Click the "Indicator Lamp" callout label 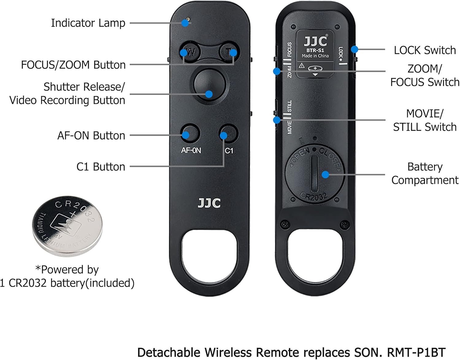88,23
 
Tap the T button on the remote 229,52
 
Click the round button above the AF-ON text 190,134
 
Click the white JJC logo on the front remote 209,203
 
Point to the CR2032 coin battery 67,226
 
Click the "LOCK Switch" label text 425,50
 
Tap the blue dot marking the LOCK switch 355,49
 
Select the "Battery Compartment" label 425,173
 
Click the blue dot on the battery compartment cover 325,175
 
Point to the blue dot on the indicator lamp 185,23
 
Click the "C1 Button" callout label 101,167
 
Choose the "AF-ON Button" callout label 91,135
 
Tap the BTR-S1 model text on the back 315,50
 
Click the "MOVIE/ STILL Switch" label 425,120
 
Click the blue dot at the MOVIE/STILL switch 277,120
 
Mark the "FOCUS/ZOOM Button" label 73,65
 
